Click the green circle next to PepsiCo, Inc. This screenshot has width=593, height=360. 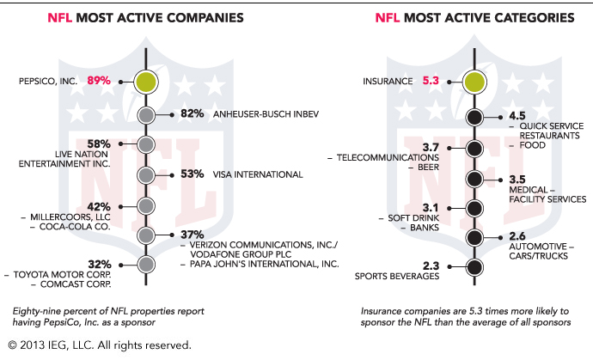(x=145, y=82)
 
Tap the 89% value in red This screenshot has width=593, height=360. (x=99, y=81)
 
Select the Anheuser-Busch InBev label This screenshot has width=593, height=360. (x=266, y=114)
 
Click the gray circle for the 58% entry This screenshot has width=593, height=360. (x=145, y=144)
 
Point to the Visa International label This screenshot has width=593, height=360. (x=258, y=174)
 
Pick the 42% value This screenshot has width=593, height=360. (x=99, y=207)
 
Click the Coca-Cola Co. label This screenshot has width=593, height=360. (x=75, y=227)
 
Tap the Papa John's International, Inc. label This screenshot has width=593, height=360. (x=264, y=264)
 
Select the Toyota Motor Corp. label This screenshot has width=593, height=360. (x=63, y=275)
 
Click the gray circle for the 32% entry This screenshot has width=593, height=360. (x=145, y=265)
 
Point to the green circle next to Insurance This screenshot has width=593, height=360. (x=474, y=82)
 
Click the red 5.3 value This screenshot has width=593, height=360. (x=431, y=81)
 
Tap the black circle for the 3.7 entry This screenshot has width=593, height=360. (x=474, y=149)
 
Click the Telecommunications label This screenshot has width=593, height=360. (x=388, y=158)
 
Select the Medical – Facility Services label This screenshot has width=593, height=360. (x=547, y=195)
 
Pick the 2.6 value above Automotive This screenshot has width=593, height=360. (x=517, y=236)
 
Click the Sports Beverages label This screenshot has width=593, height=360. (x=397, y=277)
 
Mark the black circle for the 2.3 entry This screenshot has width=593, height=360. (x=474, y=267)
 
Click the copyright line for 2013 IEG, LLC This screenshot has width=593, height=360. (x=100, y=345)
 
